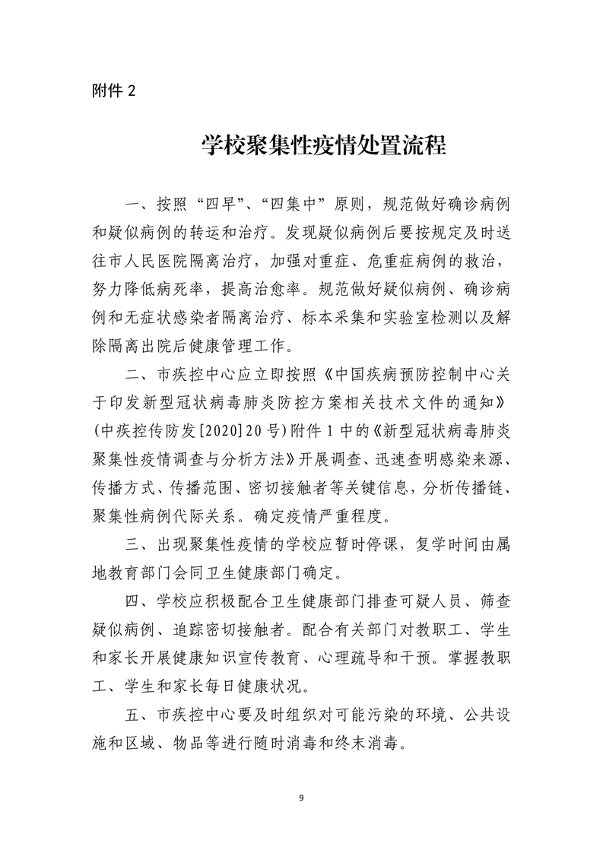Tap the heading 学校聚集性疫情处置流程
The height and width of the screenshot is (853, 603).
pyautogui.click(x=323, y=144)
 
